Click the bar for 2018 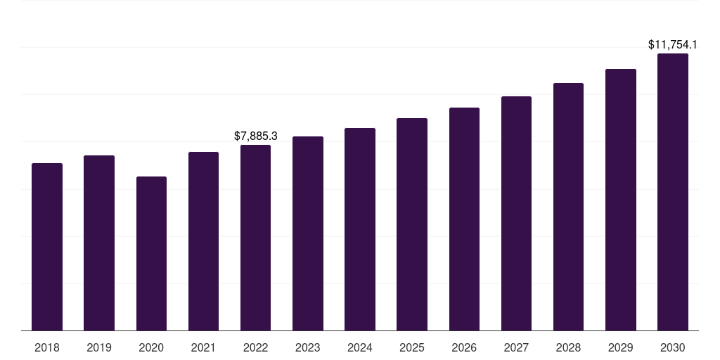coord(47,247)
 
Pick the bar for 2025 coord(412,224)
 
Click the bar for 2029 coord(621,200)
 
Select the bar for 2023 coord(308,233)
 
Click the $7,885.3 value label coord(256,136)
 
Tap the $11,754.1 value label coord(673,45)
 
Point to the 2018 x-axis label coord(47,347)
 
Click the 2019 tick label coord(99,347)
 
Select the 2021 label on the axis coord(203,347)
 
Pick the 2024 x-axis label coord(360,347)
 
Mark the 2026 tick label coord(464,347)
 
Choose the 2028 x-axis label coord(568,347)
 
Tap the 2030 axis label coord(673,347)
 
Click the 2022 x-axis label coord(255,347)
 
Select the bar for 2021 coord(203,241)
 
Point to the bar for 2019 coord(99,243)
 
